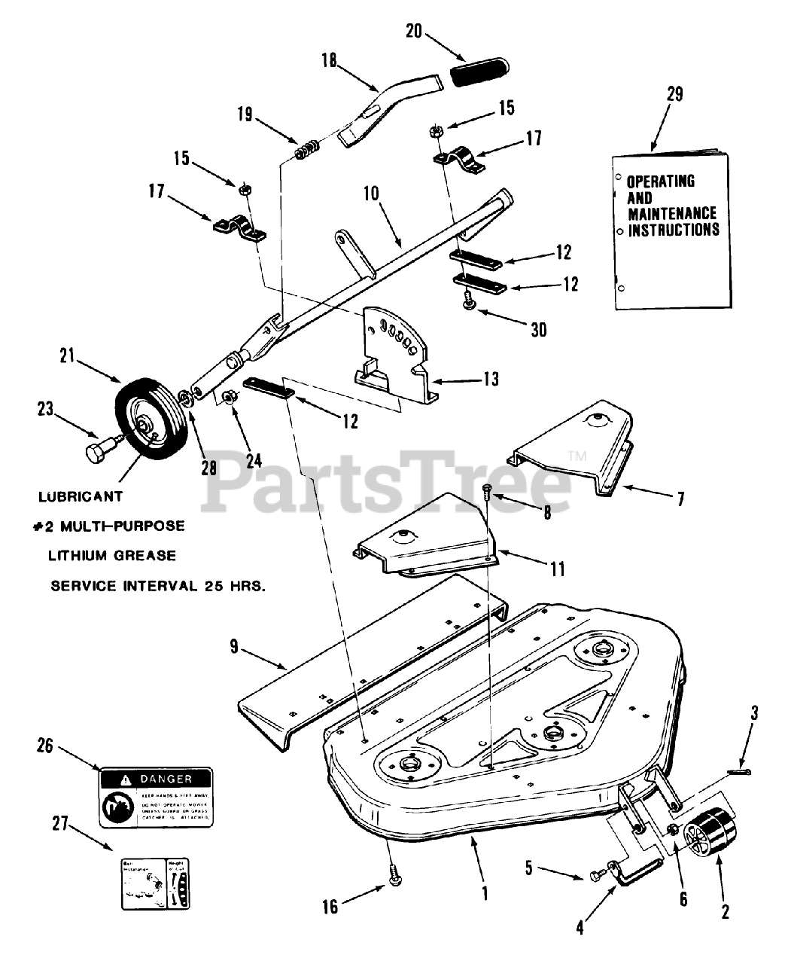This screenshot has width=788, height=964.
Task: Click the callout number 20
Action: click(414, 32)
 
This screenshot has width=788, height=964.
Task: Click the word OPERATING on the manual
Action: click(661, 182)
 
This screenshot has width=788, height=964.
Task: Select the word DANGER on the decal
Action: click(166, 779)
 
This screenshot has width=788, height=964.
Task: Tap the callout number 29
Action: click(674, 94)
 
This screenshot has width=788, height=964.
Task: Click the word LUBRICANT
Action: click(81, 498)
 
